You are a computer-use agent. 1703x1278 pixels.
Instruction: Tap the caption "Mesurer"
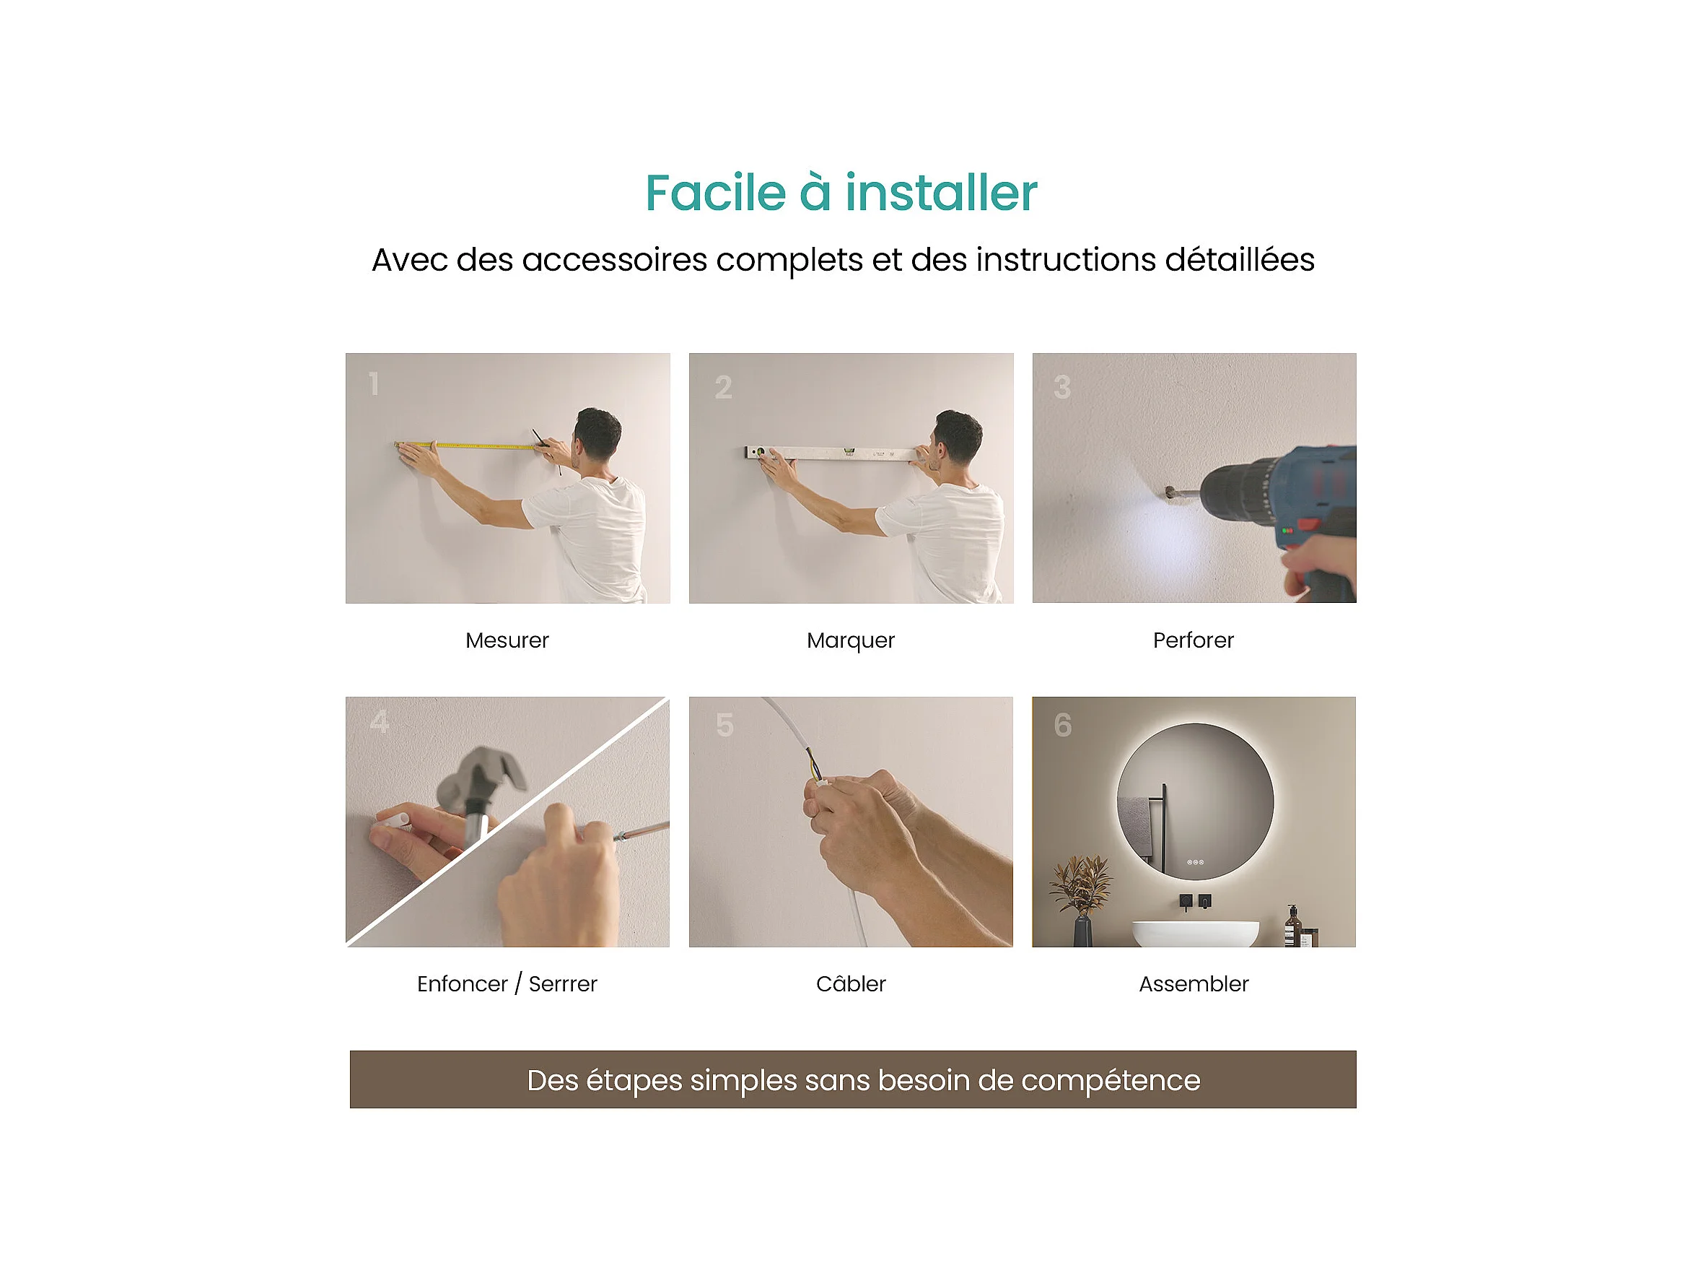[507, 640]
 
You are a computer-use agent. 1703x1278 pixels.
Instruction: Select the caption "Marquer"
[851, 641]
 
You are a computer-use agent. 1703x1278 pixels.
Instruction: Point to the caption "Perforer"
[1194, 640]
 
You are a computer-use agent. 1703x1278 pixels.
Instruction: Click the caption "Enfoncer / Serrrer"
[507, 983]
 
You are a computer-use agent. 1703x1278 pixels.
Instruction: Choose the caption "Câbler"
[851, 983]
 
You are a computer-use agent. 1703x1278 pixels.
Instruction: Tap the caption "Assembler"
[1194, 983]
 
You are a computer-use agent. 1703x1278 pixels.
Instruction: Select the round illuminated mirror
[1195, 801]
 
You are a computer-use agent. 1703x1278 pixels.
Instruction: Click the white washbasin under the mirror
[1196, 933]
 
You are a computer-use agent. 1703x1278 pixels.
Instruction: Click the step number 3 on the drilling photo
[1061, 387]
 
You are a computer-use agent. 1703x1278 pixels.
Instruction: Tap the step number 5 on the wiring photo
[724, 725]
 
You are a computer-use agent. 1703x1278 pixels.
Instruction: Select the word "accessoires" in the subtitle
[614, 260]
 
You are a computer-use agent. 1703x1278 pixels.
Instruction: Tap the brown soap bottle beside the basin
[1292, 926]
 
